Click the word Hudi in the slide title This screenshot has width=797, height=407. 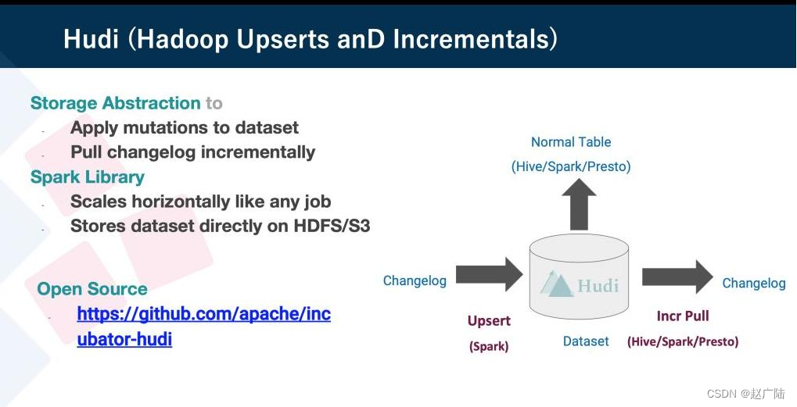(x=92, y=39)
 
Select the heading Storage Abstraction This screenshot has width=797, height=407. (x=116, y=103)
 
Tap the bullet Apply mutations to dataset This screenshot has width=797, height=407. (x=185, y=127)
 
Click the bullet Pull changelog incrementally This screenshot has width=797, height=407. (x=192, y=152)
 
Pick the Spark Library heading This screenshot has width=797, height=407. (x=88, y=177)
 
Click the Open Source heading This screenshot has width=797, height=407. (x=92, y=289)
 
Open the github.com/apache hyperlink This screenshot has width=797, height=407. (x=204, y=326)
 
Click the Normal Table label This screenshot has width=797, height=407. (x=571, y=142)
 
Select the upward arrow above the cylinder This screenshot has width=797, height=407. (x=579, y=204)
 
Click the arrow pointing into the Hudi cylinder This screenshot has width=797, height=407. (x=489, y=274)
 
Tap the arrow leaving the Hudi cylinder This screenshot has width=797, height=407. (x=677, y=277)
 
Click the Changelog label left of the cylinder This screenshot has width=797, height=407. (x=415, y=280)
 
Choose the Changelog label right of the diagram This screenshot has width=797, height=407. (x=754, y=283)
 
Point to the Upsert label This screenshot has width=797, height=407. (x=489, y=321)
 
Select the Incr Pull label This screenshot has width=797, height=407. (x=683, y=316)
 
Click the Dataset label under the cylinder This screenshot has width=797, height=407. (x=586, y=341)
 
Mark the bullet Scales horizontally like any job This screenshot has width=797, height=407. (x=201, y=202)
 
